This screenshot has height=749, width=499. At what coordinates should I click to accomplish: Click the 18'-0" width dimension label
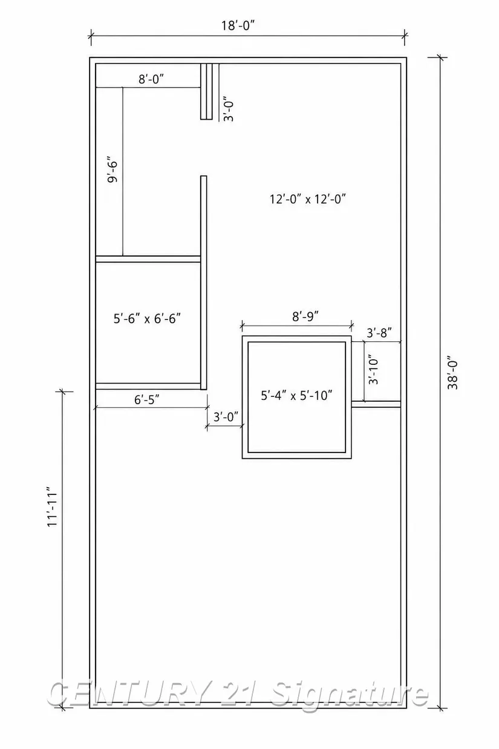click(240, 25)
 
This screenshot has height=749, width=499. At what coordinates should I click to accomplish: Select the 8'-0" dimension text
click(151, 79)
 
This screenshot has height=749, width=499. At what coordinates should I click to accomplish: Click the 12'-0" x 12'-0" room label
click(307, 199)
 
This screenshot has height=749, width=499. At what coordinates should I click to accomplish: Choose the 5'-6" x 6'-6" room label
click(147, 319)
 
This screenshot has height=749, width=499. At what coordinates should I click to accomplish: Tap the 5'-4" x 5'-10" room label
click(296, 396)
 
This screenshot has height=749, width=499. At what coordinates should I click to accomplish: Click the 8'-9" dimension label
click(305, 316)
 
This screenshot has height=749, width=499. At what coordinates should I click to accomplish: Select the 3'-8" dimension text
click(379, 333)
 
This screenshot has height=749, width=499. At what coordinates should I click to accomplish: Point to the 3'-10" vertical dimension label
click(373, 371)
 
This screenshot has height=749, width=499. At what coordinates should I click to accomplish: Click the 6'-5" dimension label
click(147, 399)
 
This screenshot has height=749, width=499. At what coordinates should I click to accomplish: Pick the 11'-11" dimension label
click(52, 509)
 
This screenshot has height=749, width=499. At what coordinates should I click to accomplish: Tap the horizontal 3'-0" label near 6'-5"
click(226, 417)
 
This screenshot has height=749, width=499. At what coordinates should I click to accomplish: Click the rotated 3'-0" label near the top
click(228, 109)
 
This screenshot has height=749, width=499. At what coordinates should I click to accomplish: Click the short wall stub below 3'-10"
click(376, 404)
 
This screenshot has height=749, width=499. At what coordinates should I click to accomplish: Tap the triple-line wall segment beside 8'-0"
click(206, 91)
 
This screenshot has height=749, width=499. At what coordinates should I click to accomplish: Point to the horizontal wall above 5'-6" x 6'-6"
click(148, 259)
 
